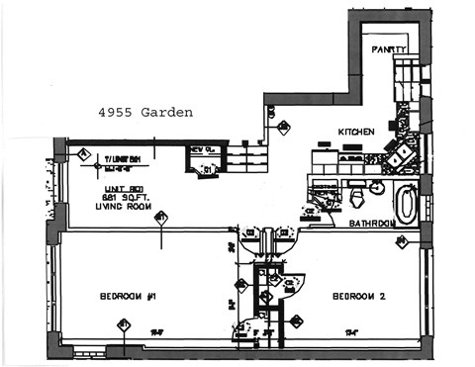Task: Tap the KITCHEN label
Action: click(354, 132)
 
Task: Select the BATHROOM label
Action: click(372, 225)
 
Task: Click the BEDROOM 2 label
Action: click(358, 297)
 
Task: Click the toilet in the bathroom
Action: click(358, 198)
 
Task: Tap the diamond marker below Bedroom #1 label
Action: click(125, 324)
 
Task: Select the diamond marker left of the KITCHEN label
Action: click(284, 127)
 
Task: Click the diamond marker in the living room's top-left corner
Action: click(85, 153)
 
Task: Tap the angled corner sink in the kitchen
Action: click(401, 155)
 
